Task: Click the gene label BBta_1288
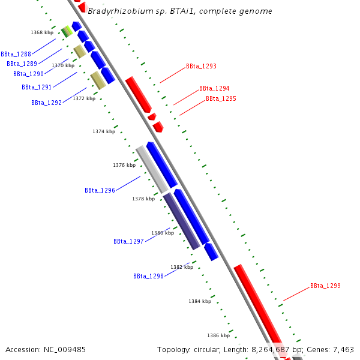[16, 54]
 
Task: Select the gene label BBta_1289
[22, 64]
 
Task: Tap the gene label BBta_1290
[28, 74]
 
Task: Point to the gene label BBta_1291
[37, 87]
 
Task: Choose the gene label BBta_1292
[46, 103]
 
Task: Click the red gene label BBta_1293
[201, 67]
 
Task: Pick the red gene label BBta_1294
[214, 88]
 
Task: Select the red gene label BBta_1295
[221, 98]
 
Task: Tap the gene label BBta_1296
[100, 190]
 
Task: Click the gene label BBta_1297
[128, 241]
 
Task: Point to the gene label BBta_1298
[148, 276]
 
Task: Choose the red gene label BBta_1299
[325, 286]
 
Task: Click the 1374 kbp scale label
[104, 131]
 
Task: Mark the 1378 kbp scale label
[143, 199]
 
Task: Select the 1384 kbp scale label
[200, 301]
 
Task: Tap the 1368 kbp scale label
[42, 32]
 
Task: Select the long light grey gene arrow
[152, 169]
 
